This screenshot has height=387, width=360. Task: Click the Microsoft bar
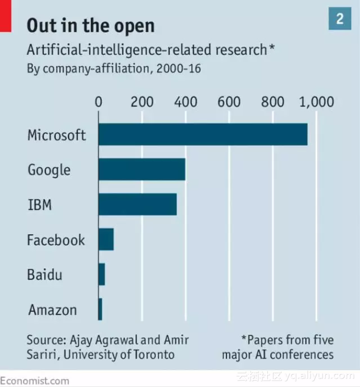click(203, 134)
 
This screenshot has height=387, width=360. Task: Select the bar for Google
click(142, 169)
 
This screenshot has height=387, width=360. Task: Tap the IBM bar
click(138, 204)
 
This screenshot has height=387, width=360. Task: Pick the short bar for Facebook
click(106, 239)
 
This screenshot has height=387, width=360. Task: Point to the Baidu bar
click(102, 274)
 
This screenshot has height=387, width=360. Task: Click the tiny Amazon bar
click(100, 309)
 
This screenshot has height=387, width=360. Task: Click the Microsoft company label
click(57, 135)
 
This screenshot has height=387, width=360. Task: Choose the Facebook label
click(56, 240)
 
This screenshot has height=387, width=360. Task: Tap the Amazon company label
click(53, 310)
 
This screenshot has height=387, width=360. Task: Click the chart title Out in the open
click(91, 25)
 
